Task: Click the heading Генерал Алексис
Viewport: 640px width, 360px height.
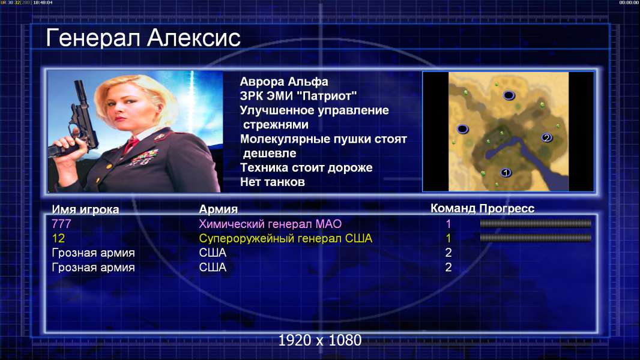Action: pyautogui.click(x=143, y=38)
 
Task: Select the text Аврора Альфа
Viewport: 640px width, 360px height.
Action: pyautogui.click(x=283, y=82)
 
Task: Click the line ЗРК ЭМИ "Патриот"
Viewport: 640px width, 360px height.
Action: pyautogui.click(x=298, y=96)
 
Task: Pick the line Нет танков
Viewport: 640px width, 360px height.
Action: pyautogui.click(x=272, y=182)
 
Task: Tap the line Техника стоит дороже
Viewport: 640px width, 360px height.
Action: pyautogui.click(x=306, y=167)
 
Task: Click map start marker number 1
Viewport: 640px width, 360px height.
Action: pyautogui.click(x=506, y=173)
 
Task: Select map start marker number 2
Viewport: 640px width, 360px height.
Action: pyautogui.click(x=547, y=138)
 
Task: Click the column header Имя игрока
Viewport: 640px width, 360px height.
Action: pyautogui.click(x=85, y=209)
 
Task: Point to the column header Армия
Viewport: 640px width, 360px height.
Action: pyautogui.click(x=219, y=209)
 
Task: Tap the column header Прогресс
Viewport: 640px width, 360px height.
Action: pyautogui.click(x=507, y=208)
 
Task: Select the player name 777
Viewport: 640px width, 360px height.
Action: pyautogui.click(x=61, y=224)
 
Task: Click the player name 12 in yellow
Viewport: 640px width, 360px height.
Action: pyautogui.click(x=58, y=238)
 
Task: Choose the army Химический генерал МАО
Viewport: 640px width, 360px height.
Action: pyautogui.click(x=270, y=224)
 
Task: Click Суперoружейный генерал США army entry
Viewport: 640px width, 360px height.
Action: pyautogui.click(x=286, y=238)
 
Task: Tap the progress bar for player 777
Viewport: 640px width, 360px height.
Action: pyautogui.click(x=536, y=223)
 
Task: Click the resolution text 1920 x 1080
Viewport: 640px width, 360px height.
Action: pyautogui.click(x=320, y=340)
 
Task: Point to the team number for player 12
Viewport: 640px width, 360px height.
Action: pyautogui.click(x=448, y=238)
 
